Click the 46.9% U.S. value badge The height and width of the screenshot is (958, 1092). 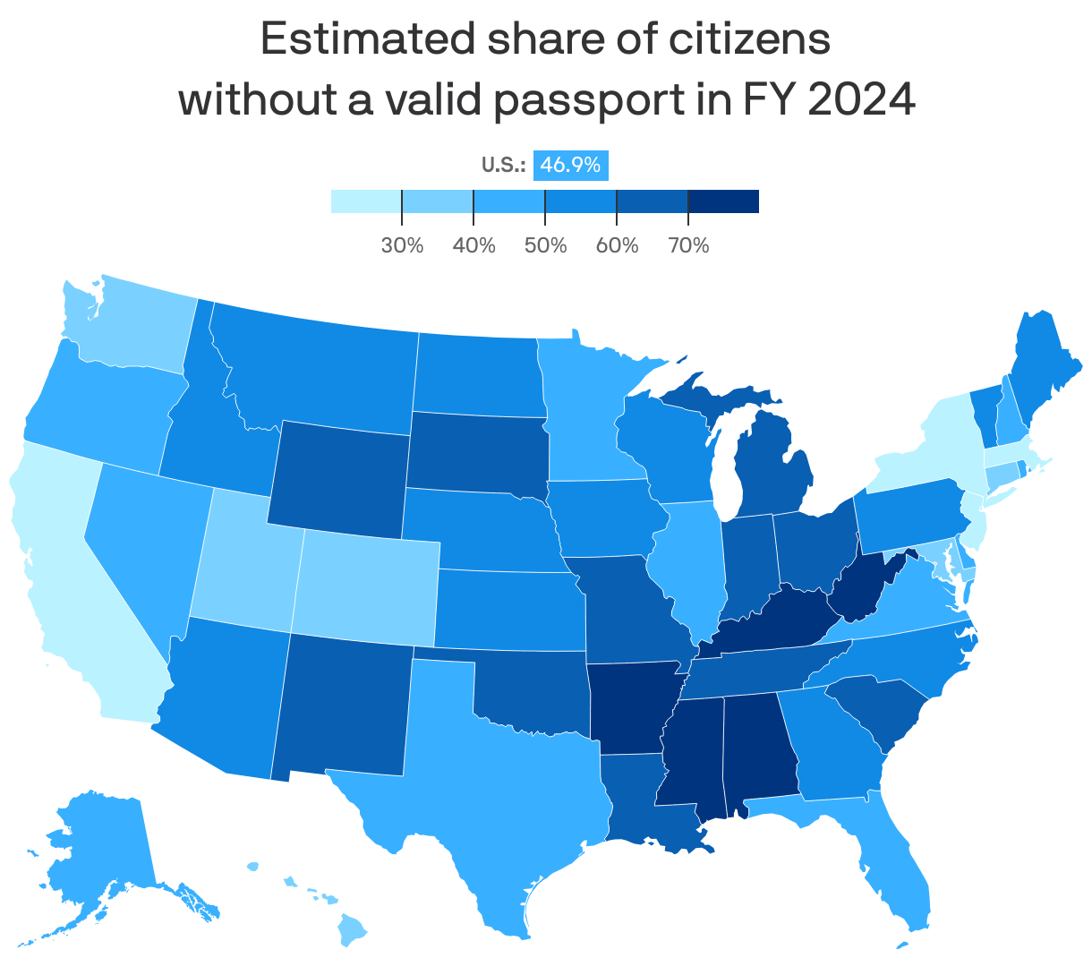570,165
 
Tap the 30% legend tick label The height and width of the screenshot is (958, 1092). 402,245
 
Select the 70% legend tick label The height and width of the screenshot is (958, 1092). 688,245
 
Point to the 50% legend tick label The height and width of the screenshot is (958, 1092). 545,245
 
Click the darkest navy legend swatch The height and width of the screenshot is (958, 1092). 723,201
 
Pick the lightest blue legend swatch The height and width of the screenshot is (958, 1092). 365,201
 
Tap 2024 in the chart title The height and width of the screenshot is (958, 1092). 861,99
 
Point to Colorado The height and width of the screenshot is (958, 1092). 365,586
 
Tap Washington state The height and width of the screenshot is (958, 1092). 134,327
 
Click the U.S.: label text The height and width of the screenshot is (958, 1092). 503,165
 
